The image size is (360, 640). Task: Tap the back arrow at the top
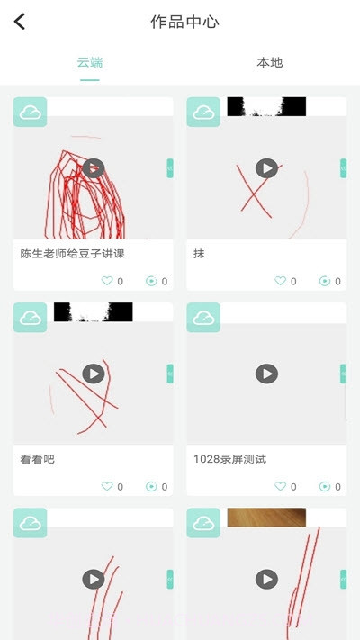tap(20, 22)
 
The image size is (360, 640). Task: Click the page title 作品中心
tap(184, 22)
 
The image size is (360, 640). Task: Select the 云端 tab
tap(90, 62)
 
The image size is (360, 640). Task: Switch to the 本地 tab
tap(269, 62)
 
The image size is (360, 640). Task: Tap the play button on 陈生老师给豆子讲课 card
tap(94, 168)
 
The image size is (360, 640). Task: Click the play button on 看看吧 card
tap(94, 374)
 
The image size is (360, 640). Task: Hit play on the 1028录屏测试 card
tap(266, 374)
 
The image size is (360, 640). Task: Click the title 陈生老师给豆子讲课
tap(72, 254)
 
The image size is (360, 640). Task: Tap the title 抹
tap(199, 254)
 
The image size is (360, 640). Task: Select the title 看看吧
tap(37, 459)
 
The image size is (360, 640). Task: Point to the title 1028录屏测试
tap(229, 459)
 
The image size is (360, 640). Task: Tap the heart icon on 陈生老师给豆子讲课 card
tap(106, 281)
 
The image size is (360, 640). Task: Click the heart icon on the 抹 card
tap(280, 281)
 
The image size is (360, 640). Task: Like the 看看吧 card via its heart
tap(106, 486)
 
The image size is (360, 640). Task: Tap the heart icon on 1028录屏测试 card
tap(280, 486)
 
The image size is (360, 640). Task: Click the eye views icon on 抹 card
tap(325, 281)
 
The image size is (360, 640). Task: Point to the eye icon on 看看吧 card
tap(151, 486)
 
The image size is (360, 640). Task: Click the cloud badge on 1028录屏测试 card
tap(203, 318)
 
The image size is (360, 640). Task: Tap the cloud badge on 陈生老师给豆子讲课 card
tap(30, 113)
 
